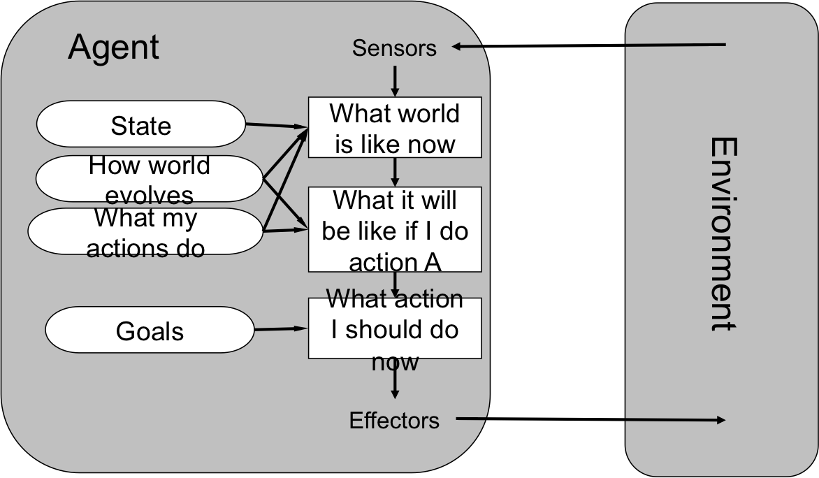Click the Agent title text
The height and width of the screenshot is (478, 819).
click(114, 48)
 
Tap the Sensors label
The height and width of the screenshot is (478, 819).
click(394, 48)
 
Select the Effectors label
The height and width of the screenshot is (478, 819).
click(394, 421)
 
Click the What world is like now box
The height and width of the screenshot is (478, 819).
click(395, 128)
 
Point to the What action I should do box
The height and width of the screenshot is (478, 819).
click(395, 328)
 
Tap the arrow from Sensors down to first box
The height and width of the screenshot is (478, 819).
click(395, 80)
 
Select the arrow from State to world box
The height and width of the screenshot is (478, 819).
click(277, 126)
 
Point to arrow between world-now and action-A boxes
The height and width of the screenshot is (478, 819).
click(395, 172)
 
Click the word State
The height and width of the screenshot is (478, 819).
click(140, 126)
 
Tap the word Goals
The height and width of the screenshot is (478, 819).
click(150, 331)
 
